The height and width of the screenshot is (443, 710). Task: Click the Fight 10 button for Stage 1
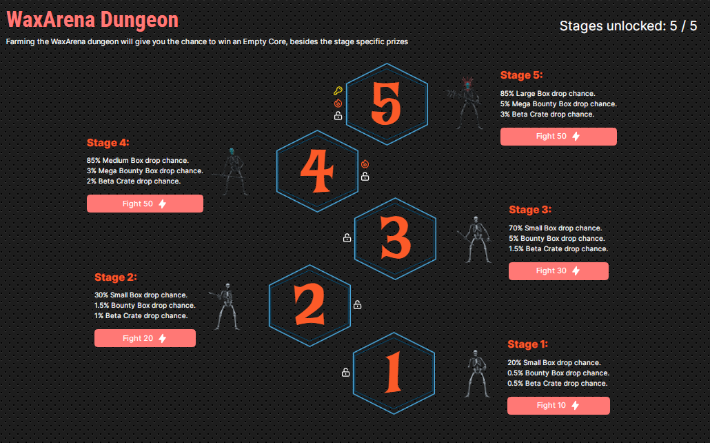[558, 405]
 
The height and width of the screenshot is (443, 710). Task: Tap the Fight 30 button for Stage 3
[558, 270]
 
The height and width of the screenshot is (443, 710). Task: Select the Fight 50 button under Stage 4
[145, 204]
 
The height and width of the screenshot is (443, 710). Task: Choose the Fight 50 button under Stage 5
[558, 137]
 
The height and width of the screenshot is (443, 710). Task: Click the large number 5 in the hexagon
[386, 104]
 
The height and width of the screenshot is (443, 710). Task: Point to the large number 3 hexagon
[395, 239]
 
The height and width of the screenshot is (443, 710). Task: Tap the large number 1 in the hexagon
[393, 372]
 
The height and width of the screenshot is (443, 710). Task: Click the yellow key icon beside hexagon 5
[338, 91]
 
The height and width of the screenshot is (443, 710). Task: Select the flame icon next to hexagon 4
[365, 164]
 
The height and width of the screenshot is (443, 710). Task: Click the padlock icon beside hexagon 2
[357, 305]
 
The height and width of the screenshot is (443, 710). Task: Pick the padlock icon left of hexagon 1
[345, 372]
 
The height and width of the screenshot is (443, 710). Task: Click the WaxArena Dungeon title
[92, 19]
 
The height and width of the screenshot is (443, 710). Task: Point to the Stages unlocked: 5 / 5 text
[628, 26]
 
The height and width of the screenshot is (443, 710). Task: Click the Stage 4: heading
[108, 143]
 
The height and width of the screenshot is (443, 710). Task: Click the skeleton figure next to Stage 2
[225, 307]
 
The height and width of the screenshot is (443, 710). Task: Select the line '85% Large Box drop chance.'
[547, 93]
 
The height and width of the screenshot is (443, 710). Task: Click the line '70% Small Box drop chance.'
[555, 228]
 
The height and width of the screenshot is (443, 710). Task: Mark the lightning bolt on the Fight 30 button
[576, 270]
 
